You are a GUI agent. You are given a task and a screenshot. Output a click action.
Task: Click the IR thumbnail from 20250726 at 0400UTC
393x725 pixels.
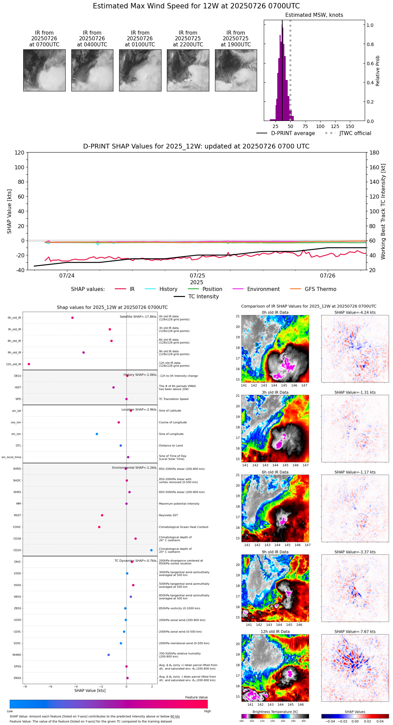coord(92,70)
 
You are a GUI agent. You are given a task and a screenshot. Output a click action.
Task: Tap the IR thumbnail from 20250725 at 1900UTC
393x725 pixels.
coord(236,70)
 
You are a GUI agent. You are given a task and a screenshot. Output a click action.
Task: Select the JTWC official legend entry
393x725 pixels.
coord(355,133)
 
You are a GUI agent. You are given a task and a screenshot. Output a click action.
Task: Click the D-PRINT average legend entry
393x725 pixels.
coord(293,133)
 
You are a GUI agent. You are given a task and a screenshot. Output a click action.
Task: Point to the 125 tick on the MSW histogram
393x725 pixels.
coord(335,126)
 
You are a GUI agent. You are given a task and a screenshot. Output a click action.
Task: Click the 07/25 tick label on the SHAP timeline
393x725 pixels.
coord(197,276)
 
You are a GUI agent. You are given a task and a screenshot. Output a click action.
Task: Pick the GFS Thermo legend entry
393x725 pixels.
coord(320,289)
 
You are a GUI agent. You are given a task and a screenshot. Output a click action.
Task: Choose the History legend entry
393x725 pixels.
coord(168,289)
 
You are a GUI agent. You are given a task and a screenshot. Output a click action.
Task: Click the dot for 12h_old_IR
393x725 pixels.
coord(29,364)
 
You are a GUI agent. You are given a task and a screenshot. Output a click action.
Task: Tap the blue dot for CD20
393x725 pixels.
coord(151,550)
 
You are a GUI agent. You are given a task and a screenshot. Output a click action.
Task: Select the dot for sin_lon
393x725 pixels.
coord(97,434)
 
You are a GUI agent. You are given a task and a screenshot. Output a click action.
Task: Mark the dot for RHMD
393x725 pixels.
coord(109,655)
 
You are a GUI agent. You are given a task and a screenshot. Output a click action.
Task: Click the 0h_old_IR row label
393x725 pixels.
coord(14,318)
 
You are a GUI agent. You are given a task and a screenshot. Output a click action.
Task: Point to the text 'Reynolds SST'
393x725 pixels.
coord(169,515)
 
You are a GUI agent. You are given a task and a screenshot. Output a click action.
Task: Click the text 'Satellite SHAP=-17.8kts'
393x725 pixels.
coord(138,317)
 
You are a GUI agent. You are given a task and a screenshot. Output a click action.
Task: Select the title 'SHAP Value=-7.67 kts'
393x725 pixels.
coord(355,632)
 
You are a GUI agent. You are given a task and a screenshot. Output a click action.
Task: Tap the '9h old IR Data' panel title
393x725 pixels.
coord(275,552)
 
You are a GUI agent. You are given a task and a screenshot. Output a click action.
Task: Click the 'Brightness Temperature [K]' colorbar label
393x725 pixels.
coord(275,712)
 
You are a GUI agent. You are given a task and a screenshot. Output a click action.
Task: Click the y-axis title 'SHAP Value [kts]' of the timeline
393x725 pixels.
coord(9,211)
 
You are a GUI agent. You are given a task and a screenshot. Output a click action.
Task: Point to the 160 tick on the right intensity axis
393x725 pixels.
coord(374,167)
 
